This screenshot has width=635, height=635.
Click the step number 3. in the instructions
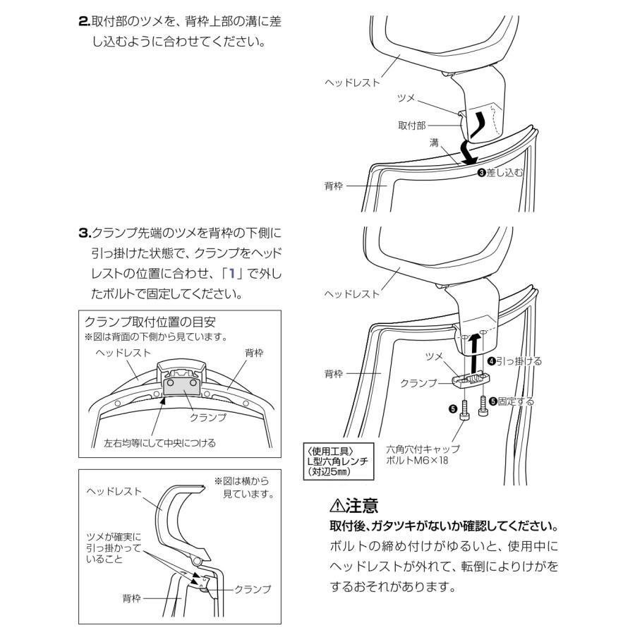84,233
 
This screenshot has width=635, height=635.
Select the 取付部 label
411,125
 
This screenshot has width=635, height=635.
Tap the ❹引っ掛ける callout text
514,361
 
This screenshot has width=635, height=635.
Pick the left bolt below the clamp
466,411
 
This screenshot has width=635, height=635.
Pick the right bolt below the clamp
483,405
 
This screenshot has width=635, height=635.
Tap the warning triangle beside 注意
337,505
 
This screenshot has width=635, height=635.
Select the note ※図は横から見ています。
243,488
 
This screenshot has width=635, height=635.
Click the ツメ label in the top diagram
406,96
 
